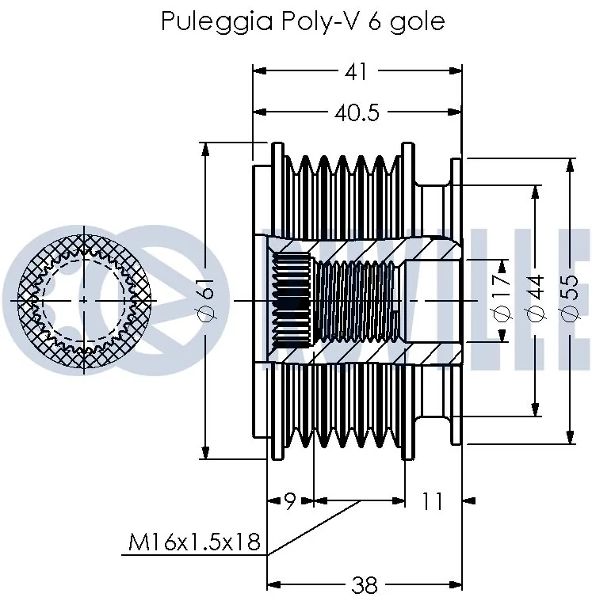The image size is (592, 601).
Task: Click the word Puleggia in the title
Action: (x=204, y=21)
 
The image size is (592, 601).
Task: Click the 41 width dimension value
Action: (x=357, y=71)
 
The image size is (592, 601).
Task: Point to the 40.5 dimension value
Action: (x=357, y=113)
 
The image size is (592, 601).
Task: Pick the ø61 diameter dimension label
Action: (x=207, y=302)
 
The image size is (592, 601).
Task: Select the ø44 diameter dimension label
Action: (x=536, y=302)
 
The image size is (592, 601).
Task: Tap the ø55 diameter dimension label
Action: (x=569, y=302)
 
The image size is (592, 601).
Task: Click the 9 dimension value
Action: (x=290, y=500)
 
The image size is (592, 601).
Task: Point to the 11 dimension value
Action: (x=432, y=500)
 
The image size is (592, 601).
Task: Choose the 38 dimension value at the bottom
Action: (x=364, y=586)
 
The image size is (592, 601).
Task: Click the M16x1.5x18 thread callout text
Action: (x=194, y=543)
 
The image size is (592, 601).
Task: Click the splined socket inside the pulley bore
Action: (x=293, y=301)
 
